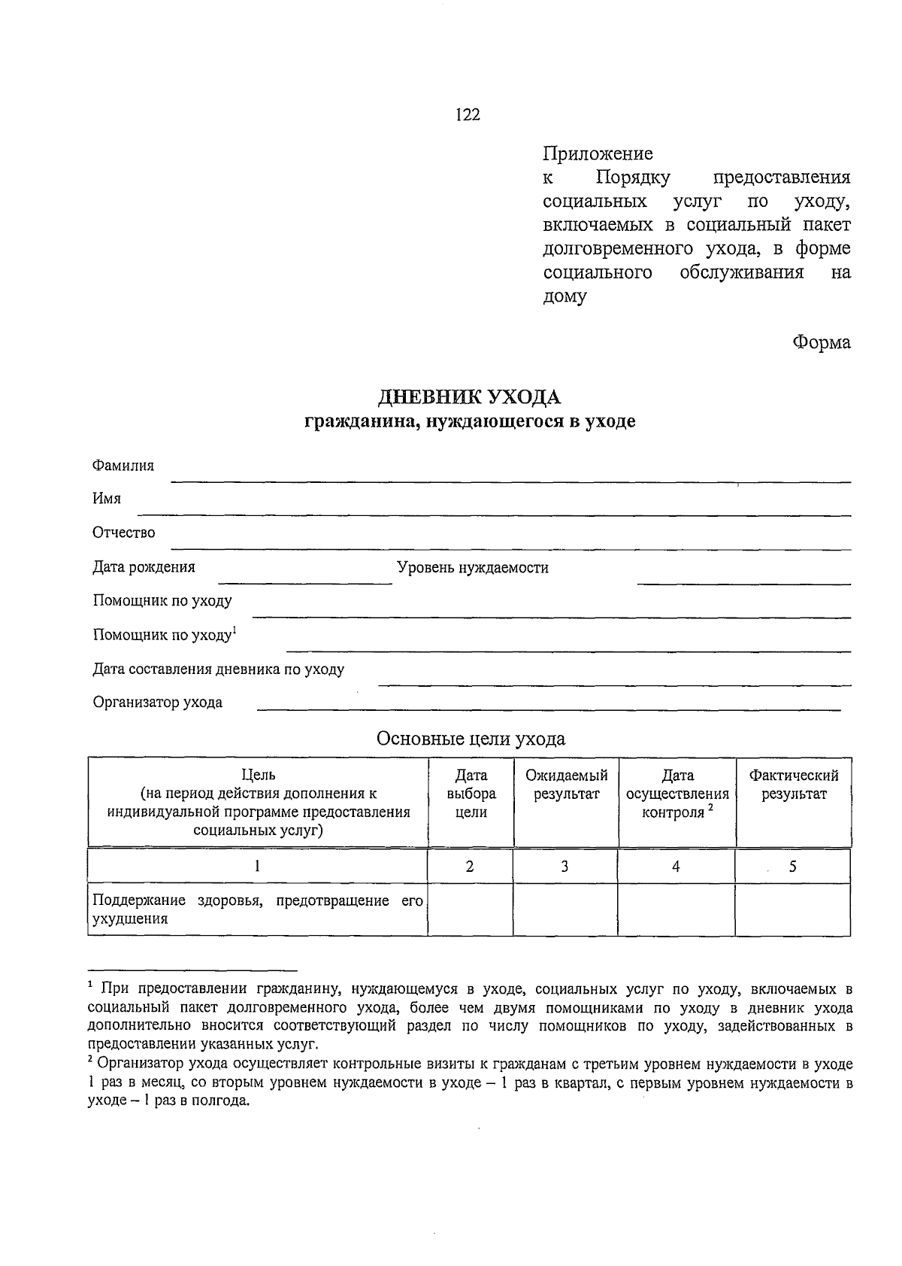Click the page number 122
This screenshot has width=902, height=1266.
click(467, 114)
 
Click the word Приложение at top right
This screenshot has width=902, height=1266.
click(598, 154)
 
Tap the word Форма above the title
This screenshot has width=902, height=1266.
click(822, 343)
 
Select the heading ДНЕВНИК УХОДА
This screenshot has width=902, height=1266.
click(469, 397)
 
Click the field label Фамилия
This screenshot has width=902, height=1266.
click(123, 466)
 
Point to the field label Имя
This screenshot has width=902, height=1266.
click(107, 499)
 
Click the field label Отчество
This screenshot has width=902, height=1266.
click(124, 533)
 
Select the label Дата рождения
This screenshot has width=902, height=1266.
click(144, 567)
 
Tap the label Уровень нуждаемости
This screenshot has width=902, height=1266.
click(473, 568)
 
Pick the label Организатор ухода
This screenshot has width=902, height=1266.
click(158, 703)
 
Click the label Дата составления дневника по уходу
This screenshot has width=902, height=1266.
click(219, 669)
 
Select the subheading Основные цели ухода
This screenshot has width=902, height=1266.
click(471, 739)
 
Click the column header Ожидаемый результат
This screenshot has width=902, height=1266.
click(566, 785)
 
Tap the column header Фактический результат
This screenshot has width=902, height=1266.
click(794, 785)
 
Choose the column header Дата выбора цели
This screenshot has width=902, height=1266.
click(471, 794)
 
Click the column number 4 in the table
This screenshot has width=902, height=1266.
click(676, 867)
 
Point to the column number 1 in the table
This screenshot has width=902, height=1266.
click(257, 867)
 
